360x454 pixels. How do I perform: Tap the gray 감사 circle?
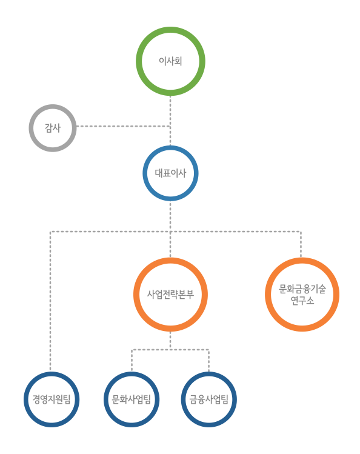pos(53,107)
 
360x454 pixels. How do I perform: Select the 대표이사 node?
pos(170,148)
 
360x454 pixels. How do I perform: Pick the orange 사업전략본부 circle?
pos(170,261)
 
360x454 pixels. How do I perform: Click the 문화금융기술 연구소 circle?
pos(302,261)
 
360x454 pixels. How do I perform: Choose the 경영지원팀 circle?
pos(52,375)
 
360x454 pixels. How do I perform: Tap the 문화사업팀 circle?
pos(132,375)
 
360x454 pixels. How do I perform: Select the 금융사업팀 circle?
pos(209,375)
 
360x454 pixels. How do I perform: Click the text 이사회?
pos(170,61)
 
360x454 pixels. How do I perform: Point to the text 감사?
pos(53,128)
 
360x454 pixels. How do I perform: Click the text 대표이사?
pos(170,173)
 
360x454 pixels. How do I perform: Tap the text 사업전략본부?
pos(170,294)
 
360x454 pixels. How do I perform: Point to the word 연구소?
pos(302,301)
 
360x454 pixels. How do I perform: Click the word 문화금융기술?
pos(302,289)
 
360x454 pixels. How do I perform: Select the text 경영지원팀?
pos(52,399)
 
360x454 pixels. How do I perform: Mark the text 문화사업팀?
pos(132,399)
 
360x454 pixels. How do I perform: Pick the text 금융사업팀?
pos(209,399)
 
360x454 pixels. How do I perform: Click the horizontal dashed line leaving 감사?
pos(123,126)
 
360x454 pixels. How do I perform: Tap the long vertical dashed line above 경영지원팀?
pos(50,301)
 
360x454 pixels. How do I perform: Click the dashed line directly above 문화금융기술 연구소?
pos(301,244)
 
